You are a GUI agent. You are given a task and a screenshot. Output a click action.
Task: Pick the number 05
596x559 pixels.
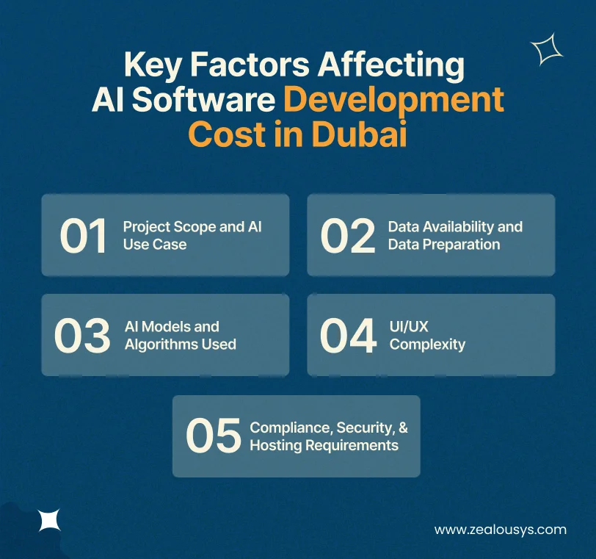click(213, 436)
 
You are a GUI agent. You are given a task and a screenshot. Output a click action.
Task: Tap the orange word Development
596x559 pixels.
click(394, 100)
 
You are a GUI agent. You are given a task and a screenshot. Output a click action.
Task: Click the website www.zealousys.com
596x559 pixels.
click(501, 529)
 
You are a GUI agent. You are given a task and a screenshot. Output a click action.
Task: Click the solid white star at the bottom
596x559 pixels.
click(49, 520)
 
